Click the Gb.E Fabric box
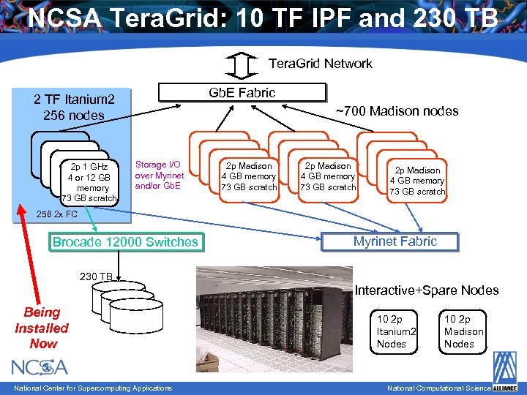pyautogui.click(x=242, y=92)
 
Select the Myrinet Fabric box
pyautogui.click(x=395, y=241)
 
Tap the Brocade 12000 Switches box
pyautogui.click(x=125, y=242)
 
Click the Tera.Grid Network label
pyautogui.click(x=321, y=64)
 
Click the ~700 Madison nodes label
pyautogui.click(x=397, y=111)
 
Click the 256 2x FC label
pyautogui.click(x=56, y=214)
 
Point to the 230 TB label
pyautogui.click(x=96, y=276)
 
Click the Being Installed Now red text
pyautogui.click(x=41, y=328)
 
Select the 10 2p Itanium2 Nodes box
pyautogui.click(x=396, y=331)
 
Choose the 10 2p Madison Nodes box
pyautogui.click(x=463, y=331)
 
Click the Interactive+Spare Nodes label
pyautogui.click(x=426, y=290)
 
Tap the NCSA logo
pyautogui.click(x=40, y=366)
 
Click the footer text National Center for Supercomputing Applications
pyautogui.click(x=92, y=388)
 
